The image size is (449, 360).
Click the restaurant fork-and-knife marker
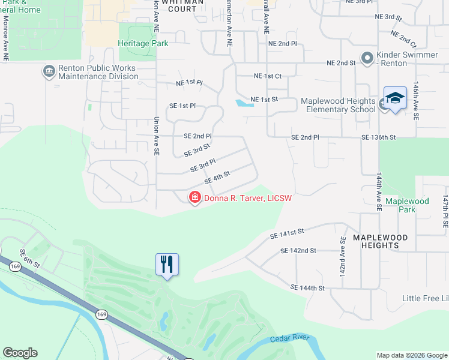pyautogui.click(x=167, y=264)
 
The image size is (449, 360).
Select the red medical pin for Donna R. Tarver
pyautogui.click(x=194, y=197)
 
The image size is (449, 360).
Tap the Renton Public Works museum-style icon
pyautogui.click(x=48, y=73)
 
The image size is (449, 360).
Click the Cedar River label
pyautogui.click(x=289, y=339)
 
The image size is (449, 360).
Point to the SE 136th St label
pyautogui.click(x=378, y=137)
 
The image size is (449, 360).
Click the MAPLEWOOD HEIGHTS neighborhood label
pyautogui.click(x=380, y=241)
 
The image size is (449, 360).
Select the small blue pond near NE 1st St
pyautogui.click(x=244, y=103)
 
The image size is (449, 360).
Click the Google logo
pyautogui.click(x=20, y=353)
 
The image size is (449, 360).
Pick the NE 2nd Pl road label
pyautogui.click(x=283, y=44)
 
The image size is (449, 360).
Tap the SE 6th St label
pyautogui.click(x=29, y=259)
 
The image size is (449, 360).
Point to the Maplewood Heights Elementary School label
pyautogui.click(x=338, y=105)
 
